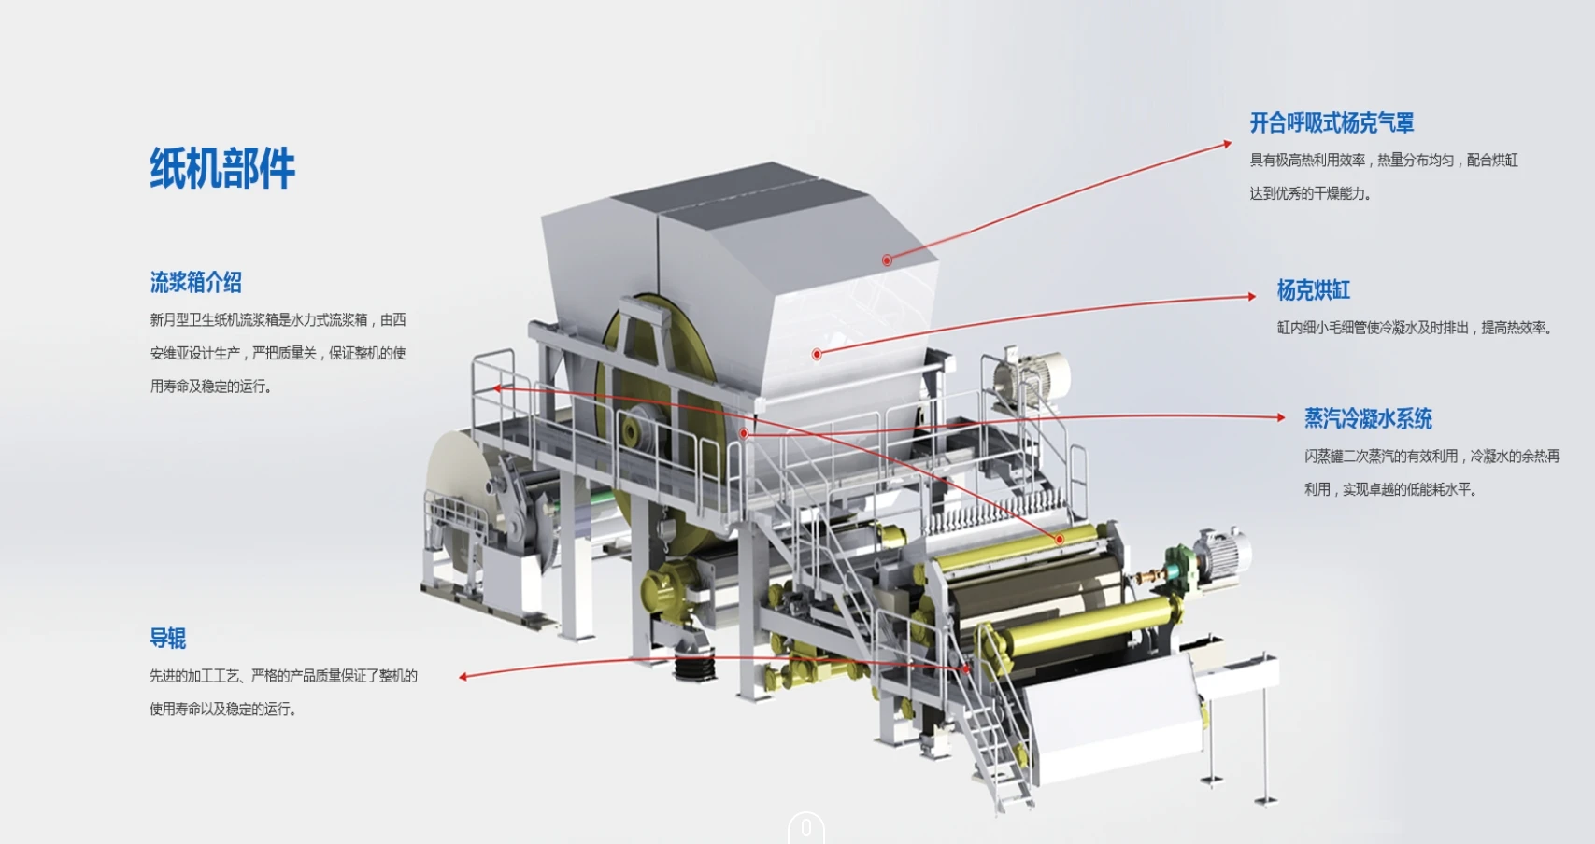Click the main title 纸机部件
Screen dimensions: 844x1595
222,169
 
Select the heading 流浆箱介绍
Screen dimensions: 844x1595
196,282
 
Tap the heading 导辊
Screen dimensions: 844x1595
168,639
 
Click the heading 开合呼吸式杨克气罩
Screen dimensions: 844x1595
1332,122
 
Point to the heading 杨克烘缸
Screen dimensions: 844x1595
1313,290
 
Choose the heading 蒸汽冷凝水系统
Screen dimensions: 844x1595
1368,418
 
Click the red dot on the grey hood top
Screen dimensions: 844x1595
887,260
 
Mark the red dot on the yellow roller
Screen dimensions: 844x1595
1059,539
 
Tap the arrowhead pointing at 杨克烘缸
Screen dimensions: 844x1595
1251,297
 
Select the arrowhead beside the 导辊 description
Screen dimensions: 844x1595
463,676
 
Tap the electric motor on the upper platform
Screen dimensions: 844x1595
1032,376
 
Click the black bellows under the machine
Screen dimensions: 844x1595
694,664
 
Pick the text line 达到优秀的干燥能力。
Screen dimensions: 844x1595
1310,193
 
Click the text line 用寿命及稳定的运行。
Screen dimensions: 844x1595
211,386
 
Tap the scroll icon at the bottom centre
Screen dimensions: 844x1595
805,828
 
